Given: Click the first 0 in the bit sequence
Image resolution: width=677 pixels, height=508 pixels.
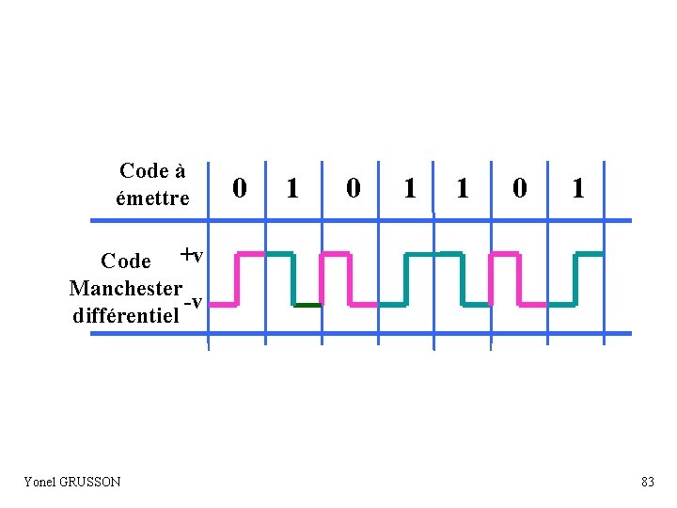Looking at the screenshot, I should pyautogui.click(x=240, y=189).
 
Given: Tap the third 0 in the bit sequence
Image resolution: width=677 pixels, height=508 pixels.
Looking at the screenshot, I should pyautogui.click(x=518, y=189).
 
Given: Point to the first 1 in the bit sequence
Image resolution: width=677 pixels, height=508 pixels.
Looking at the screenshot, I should pyautogui.click(x=293, y=189).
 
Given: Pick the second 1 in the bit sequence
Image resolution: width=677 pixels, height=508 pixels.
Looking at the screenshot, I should pyautogui.click(x=409, y=189).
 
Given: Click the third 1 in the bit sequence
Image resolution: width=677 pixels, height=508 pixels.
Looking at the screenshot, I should pyautogui.click(x=462, y=189).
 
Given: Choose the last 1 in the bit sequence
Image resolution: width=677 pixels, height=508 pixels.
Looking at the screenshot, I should pyautogui.click(x=578, y=189).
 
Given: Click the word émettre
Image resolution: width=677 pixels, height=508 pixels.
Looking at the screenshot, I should pyautogui.click(x=152, y=198).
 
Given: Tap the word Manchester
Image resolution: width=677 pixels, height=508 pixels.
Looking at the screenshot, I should pyautogui.click(x=125, y=287).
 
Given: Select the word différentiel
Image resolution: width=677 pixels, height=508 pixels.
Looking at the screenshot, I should pyautogui.click(x=125, y=315).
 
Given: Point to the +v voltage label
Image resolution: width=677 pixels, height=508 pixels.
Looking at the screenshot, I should pyautogui.click(x=192, y=255).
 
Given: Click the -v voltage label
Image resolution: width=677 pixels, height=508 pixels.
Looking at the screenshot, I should pyautogui.click(x=194, y=302).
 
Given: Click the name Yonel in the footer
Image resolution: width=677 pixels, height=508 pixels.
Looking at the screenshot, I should pyautogui.click(x=40, y=482).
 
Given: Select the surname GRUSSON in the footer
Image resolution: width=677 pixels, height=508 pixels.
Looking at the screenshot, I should pyautogui.click(x=90, y=482).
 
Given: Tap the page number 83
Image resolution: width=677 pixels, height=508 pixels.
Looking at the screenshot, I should pyautogui.click(x=647, y=482).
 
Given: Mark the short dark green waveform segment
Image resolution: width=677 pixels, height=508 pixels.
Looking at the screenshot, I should pyautogui.click(x=307, y=306).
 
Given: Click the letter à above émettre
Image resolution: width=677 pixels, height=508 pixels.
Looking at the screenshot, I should pyautogui.click(x=179, y=171).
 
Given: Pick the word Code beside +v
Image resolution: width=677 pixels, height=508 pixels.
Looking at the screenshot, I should pyautogui.click(x=125, y=261).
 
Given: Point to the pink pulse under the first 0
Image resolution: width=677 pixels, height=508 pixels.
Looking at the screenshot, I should pyautogui.click(x=250, y=254).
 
